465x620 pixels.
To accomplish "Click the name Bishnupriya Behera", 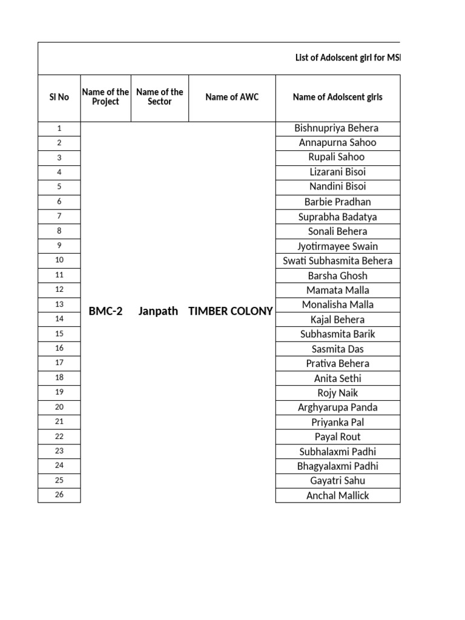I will (x=337, y=128).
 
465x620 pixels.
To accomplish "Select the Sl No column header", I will (x=59, y=97).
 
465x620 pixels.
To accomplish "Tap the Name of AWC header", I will (x=232, y=97).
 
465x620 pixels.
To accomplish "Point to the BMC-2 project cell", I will (x=105, y=311).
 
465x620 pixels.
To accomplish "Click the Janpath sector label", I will (x=158, y=311).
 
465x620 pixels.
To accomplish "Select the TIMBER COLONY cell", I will (x=231, y=311).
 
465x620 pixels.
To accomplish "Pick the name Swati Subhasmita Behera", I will (x=337, y=261).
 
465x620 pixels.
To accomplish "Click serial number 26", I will (x=59, y=495).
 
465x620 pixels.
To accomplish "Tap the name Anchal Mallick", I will (x=337, y=495).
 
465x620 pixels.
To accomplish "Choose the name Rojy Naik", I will (x=337, y=393).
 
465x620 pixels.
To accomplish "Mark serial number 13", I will (x=59, y=304).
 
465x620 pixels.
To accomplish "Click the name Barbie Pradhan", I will (x=337, y=202).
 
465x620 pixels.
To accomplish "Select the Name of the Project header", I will (x=105, y=97).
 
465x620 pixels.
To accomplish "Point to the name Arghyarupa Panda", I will (x=337, y=407).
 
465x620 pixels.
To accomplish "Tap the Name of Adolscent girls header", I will (x=337, y=97).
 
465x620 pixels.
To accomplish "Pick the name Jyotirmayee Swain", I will (x=337, y=246).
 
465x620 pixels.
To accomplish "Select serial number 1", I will (x=59, y=128).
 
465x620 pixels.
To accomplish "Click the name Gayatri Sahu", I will (x=337, y=481).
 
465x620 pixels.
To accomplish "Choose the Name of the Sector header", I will (x=160, y=97).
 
